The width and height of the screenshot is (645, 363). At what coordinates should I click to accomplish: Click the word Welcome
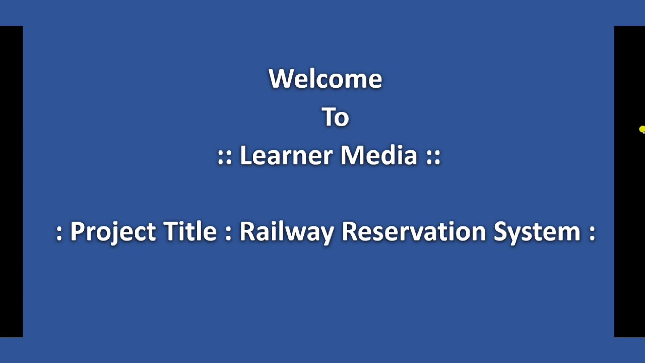[326, 79]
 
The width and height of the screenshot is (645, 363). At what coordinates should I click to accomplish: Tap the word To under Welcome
[335, 117]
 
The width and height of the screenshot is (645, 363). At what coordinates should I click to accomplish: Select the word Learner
[285, 155]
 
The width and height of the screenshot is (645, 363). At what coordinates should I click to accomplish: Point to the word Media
[379, 155]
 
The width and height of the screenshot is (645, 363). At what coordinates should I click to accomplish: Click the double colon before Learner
[224, 156]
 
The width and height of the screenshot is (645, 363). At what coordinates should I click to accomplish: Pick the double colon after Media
[433, 156]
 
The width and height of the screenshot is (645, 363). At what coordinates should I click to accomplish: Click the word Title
[190, 231]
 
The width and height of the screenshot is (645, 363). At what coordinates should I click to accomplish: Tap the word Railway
[286, 232]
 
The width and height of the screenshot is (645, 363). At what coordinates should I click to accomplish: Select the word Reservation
[414, 231]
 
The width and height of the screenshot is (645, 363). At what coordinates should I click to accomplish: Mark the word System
[537, 232]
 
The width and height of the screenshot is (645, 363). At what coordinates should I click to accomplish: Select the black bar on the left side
[11, 181]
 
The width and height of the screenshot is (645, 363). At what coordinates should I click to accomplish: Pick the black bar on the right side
[629, 202]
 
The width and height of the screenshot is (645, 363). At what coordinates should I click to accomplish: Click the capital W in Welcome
[281, 79]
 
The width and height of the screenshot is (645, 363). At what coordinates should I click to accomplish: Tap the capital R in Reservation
[350, 231]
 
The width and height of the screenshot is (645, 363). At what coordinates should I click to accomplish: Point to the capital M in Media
[353, 155]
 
